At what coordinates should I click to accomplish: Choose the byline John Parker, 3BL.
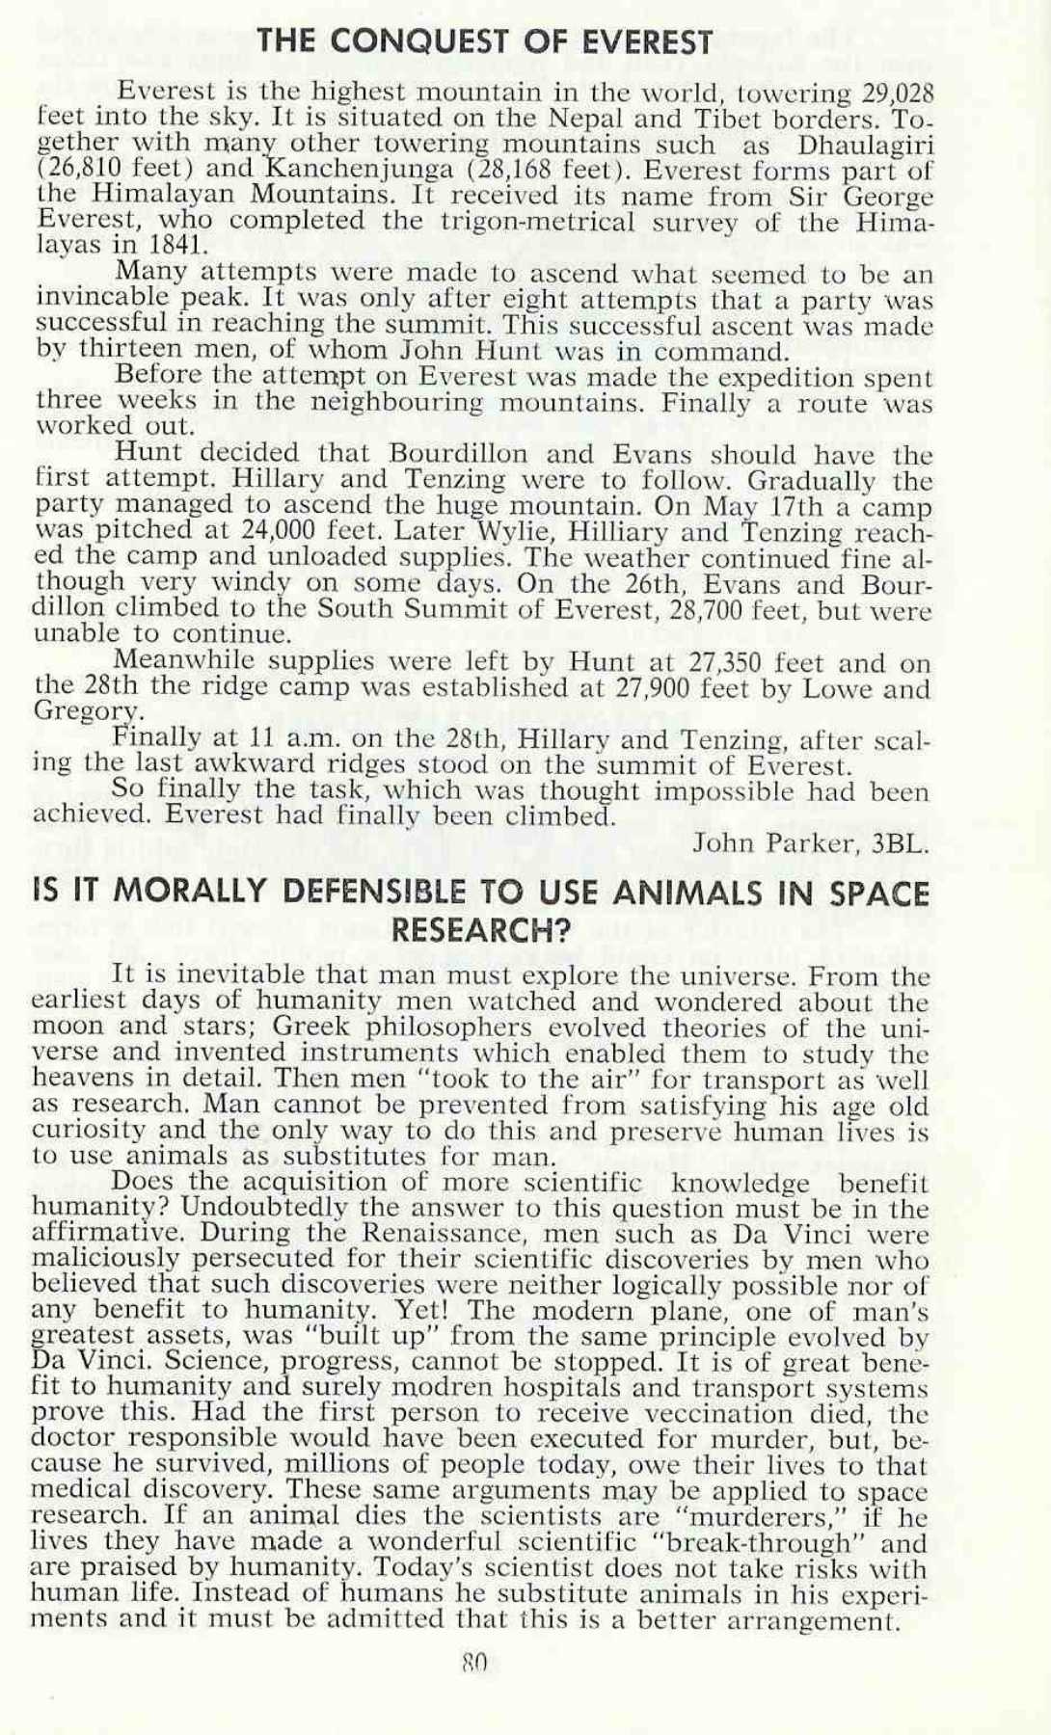pos(811,843)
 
